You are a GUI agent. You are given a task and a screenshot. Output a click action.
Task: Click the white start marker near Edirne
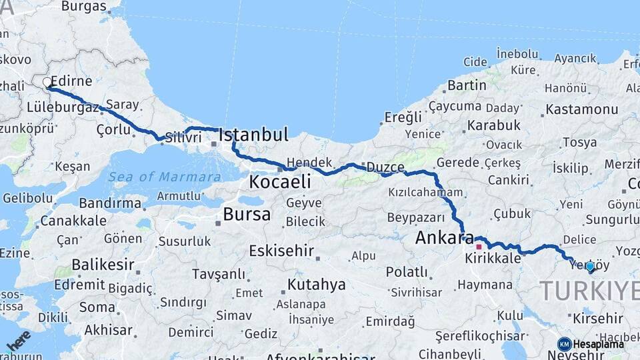tap(47, 83)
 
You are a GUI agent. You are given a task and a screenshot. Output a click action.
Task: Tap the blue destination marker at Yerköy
tap(589, 267)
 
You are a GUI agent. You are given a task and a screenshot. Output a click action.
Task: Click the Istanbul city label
tap(253, 135)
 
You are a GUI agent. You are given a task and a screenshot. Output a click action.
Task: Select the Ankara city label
tap(444, 238)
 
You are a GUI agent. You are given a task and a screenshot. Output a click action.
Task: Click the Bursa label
tap(247, 215)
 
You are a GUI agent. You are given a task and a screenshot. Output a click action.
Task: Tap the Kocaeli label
tap(280, 181)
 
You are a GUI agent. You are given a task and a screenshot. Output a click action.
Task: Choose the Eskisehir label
tap(281, 251)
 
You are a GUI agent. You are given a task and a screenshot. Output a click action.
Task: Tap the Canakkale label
tap(73, 221)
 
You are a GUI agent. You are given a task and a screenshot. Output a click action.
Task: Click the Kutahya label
tap(316, 285)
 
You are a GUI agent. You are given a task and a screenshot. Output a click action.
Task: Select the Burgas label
tap(83, 7)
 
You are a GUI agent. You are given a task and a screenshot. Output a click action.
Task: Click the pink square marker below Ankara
tap(478, 247)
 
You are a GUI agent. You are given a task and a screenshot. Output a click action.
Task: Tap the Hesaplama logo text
tap(598, 344)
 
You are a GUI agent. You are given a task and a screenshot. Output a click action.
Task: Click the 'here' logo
tap(18, 340)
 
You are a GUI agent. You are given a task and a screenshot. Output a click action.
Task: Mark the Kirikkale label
tap(493, 259)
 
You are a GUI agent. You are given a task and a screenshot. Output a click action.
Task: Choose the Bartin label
tap(467, 85)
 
